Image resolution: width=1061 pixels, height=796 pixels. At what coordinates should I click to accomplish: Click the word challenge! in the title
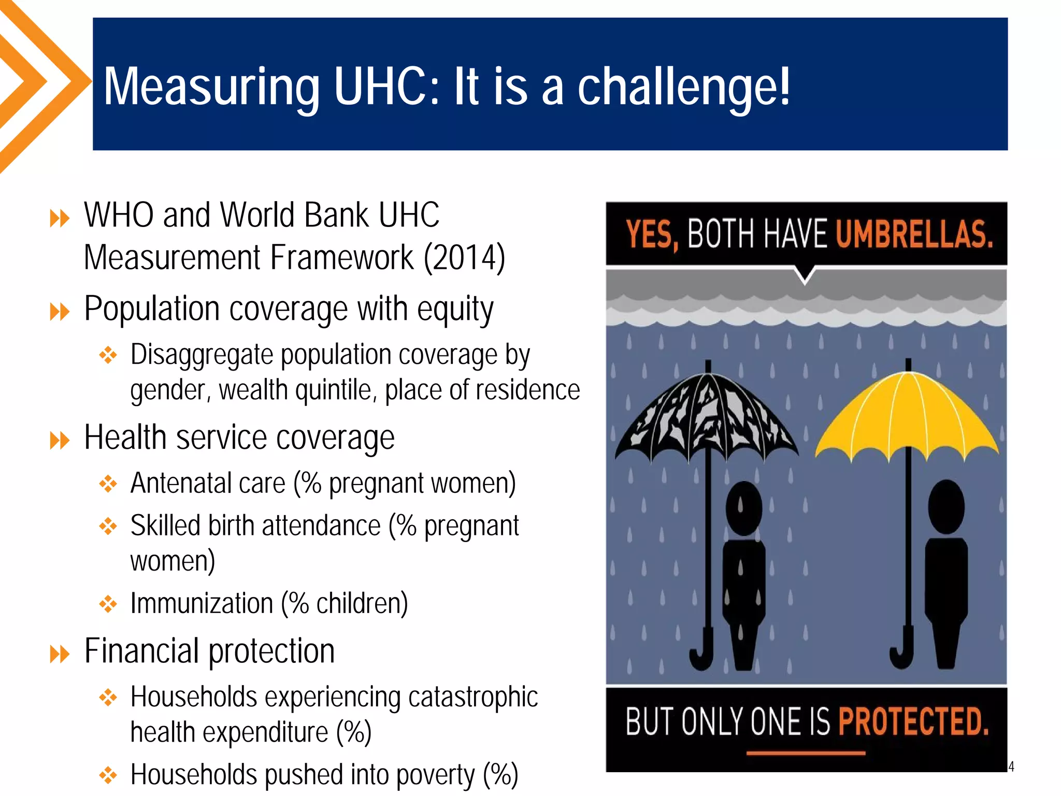684,87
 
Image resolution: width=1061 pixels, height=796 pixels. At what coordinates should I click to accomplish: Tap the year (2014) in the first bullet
464,258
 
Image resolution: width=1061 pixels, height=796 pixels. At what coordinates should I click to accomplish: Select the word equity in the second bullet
455,309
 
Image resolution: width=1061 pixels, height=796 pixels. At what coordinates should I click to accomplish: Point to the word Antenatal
208,483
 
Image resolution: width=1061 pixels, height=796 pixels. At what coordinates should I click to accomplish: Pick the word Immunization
202,603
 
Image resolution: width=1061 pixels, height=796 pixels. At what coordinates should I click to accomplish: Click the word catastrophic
473,696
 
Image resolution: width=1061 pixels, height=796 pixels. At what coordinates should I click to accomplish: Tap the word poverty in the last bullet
435,775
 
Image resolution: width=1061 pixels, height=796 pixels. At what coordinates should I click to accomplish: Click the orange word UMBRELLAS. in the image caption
914,234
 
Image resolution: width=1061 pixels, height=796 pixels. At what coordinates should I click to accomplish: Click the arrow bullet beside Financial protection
60,654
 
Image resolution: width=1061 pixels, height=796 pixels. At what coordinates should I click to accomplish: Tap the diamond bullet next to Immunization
108,604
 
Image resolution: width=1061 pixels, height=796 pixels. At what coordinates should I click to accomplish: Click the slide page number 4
1011,766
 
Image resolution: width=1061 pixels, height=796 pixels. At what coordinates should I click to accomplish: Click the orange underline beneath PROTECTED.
806,753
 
